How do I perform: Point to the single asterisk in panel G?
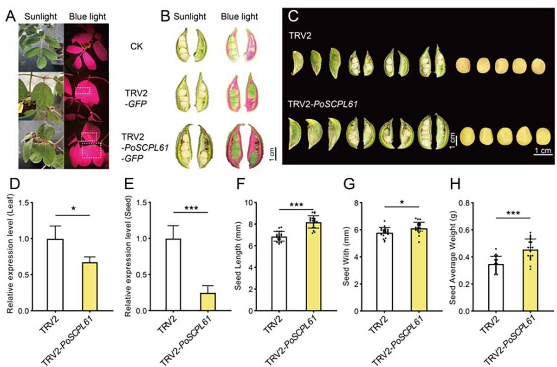tap(402, 203)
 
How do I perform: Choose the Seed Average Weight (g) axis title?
tap(455, 257)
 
